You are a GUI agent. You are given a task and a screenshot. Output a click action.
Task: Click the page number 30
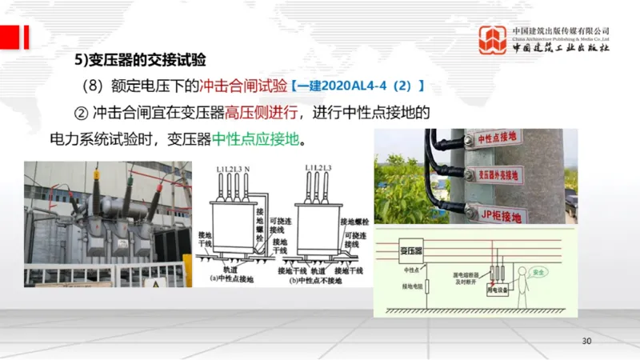[586, 342]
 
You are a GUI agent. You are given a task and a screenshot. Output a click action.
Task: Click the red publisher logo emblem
[492, 39]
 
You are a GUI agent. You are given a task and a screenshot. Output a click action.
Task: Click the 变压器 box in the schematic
[410, 253]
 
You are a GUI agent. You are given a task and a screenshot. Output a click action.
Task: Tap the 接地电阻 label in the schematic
[412, 286]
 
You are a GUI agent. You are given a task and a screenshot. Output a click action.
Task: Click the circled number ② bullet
[80, 112]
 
